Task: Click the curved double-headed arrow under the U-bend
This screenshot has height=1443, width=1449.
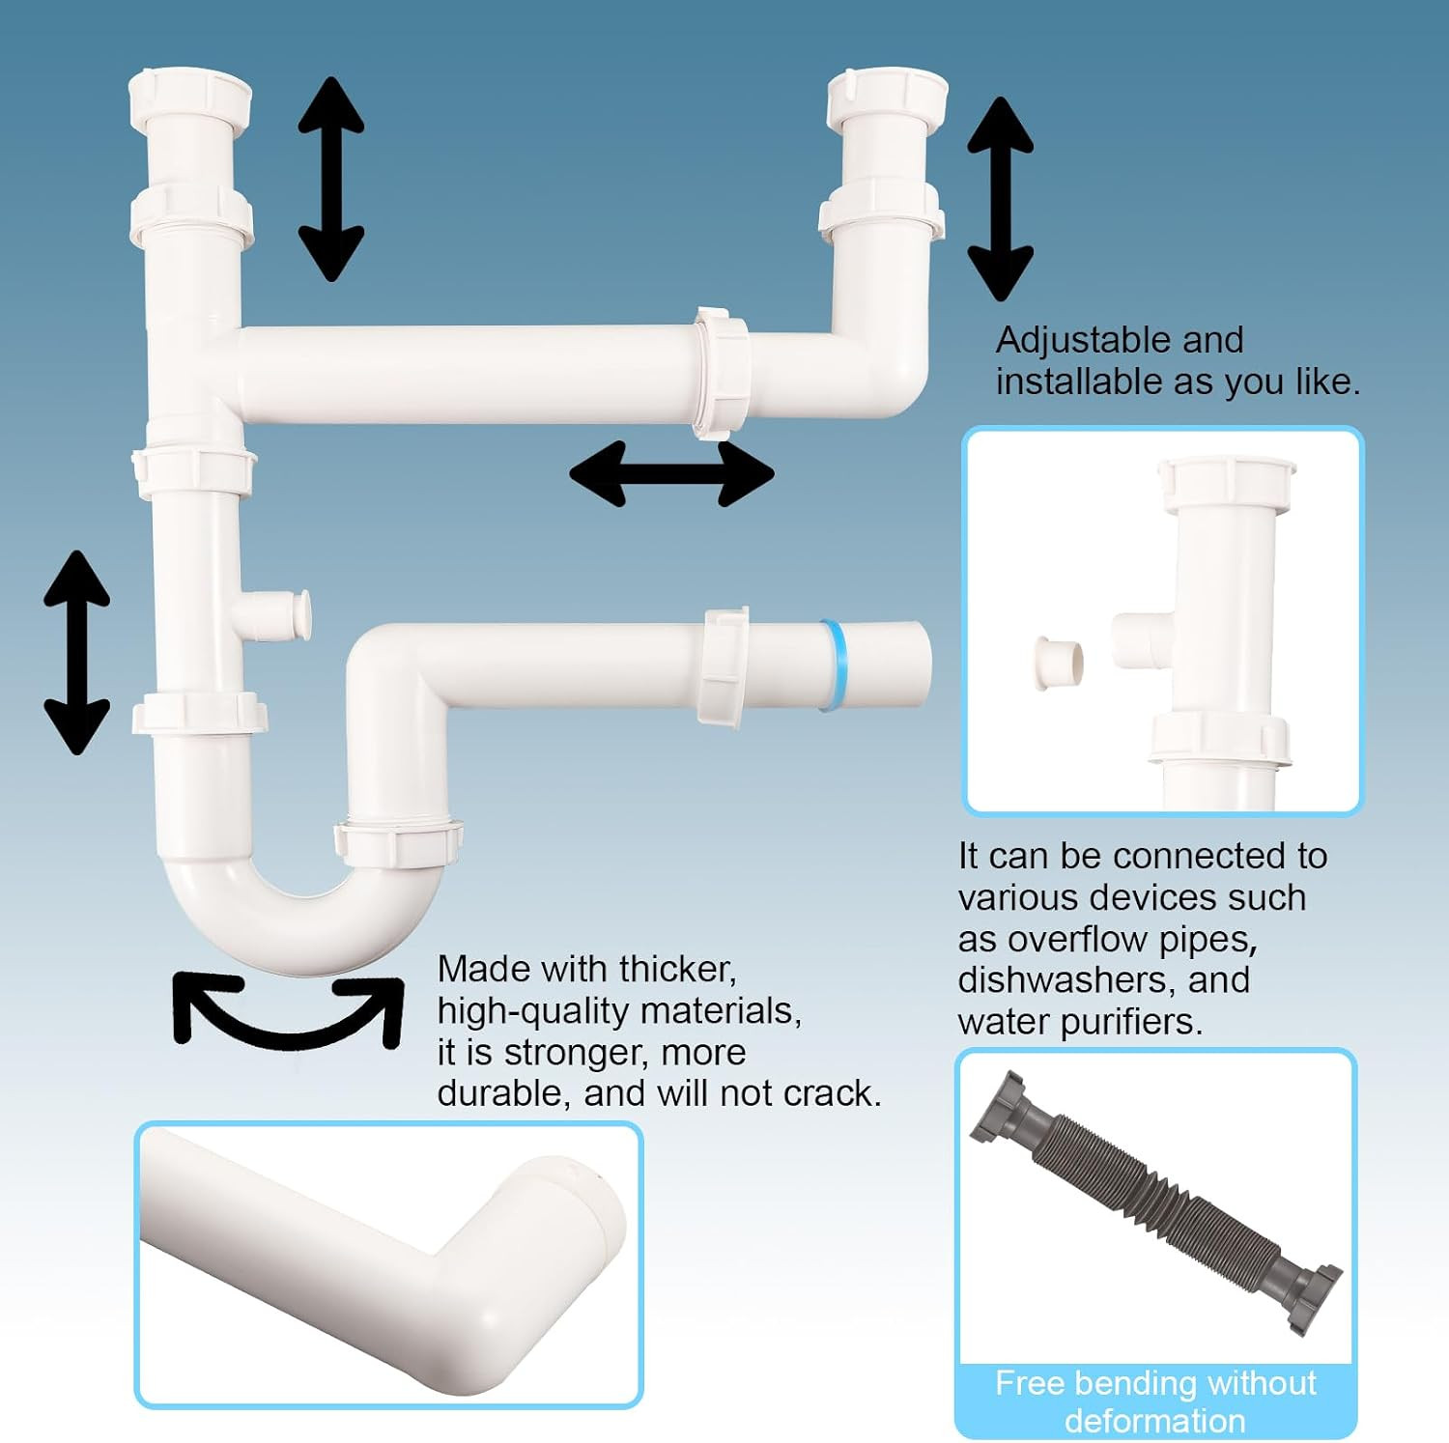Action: [287, 1033]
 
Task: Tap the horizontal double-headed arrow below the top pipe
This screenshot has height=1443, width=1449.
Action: [671, 473]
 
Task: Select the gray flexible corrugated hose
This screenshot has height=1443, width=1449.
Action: [1155, 1203]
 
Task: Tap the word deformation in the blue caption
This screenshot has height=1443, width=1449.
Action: [1155, 1421]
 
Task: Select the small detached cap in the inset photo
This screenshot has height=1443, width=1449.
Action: [1057, 663]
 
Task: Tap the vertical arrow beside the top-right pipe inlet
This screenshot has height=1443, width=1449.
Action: [1001, 199]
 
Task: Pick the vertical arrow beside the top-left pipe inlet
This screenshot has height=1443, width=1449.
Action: [331, 180]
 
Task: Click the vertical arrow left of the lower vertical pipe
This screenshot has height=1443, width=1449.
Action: [76, 652]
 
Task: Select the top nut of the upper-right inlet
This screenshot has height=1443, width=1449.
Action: [888, 98]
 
